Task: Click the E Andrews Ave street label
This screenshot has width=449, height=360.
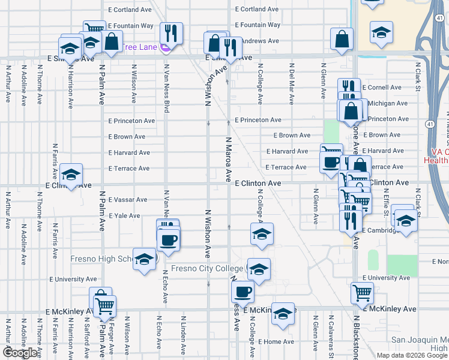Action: [x=261, y=41]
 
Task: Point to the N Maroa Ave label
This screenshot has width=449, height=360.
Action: [x=228, y=158]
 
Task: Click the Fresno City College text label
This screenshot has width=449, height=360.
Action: [x=208, y=268]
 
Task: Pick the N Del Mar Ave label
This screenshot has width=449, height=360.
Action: [x=291, y=81]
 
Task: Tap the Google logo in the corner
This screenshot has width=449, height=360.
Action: [x=20, y=352]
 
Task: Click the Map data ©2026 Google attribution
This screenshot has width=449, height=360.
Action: [x=412, y=355]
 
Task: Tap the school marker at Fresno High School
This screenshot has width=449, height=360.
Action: [x=144, y=259]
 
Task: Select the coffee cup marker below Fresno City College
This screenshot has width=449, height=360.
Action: [x=243, y=292]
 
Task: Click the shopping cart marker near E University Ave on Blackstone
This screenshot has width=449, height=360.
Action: [x=362, y=292]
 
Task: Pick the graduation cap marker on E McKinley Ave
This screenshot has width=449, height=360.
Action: [x=283, y=313]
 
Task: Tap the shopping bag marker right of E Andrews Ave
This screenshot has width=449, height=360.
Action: [x=341, y=40]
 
